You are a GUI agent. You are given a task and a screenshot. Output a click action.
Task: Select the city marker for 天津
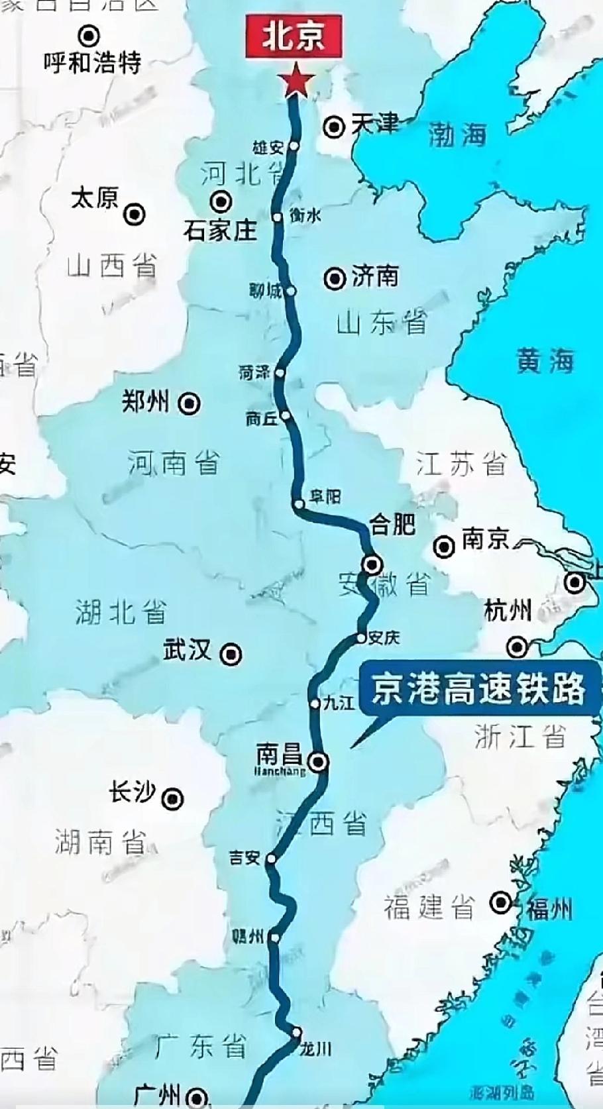tap(336, 126)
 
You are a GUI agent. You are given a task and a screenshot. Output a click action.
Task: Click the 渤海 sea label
tap(457, 134)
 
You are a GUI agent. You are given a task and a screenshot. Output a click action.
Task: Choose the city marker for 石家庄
tap(220, 201)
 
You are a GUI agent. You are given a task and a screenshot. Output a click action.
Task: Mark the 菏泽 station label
tap(254, 372)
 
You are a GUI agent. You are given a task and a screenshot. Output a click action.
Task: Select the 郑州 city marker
tap(191, 403)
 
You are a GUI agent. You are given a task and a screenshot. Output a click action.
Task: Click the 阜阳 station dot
tap(300, 505)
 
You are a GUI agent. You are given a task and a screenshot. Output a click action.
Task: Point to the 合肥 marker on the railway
tap(372, 564)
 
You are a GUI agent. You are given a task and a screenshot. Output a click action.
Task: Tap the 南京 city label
tap(485, 539)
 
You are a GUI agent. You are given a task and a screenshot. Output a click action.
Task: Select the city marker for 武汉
tap(231, 654)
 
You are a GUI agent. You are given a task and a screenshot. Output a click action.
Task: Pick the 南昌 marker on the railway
tap(320, 761)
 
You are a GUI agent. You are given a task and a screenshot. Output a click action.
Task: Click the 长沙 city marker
tap(174, 798)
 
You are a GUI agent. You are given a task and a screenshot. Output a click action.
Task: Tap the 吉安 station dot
tap(271, 859)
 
